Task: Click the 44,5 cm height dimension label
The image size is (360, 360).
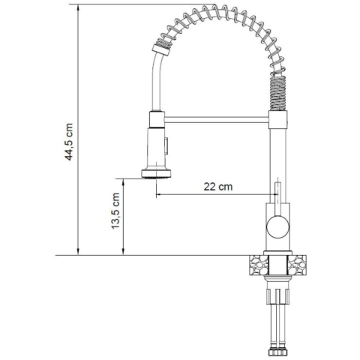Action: pyautogui.click(x=69, y=142)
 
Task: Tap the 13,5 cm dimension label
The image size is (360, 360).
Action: pyautogui.click(x=115, y=211)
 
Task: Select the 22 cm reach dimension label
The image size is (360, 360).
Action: pyautogui.click(x=218, y=187)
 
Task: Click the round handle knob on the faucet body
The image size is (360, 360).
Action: pyautogui.click(x=278, y=226)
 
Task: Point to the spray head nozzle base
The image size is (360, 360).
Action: pyautogui.click(x=157, y=173)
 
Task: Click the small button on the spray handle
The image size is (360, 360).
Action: pyautogui.click(x=166, y=145)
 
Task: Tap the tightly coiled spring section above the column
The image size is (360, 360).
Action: pyautogui.click(x=277, y=93)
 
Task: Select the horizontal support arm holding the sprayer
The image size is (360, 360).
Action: pyautogui.click(x=217, y=119)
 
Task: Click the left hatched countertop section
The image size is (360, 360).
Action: pyautogui.click(x=259, y=265)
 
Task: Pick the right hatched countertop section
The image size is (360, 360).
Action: pyautogui.click(x=297, y=265)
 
